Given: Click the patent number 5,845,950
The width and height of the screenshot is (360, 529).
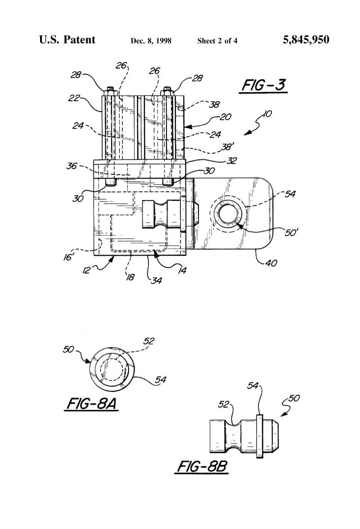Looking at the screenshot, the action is click(306, 40).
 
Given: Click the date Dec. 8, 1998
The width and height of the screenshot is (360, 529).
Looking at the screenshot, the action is click(151, 41).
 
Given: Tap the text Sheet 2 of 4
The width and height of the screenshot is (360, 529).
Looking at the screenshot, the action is click(217, 41).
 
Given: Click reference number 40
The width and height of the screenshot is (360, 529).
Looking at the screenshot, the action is click(271, 263).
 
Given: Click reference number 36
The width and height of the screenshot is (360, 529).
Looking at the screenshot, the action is click(72, 166).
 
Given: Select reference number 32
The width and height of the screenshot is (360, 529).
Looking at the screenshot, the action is click(231, 160).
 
